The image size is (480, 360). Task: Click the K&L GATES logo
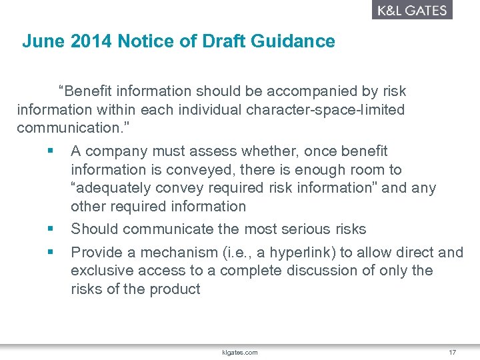[x=412, y=10]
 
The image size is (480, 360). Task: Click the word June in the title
[x=38, y=41]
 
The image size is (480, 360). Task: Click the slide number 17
[x=452, y=352]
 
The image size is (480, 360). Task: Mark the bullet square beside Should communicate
[x=50, y=229]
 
